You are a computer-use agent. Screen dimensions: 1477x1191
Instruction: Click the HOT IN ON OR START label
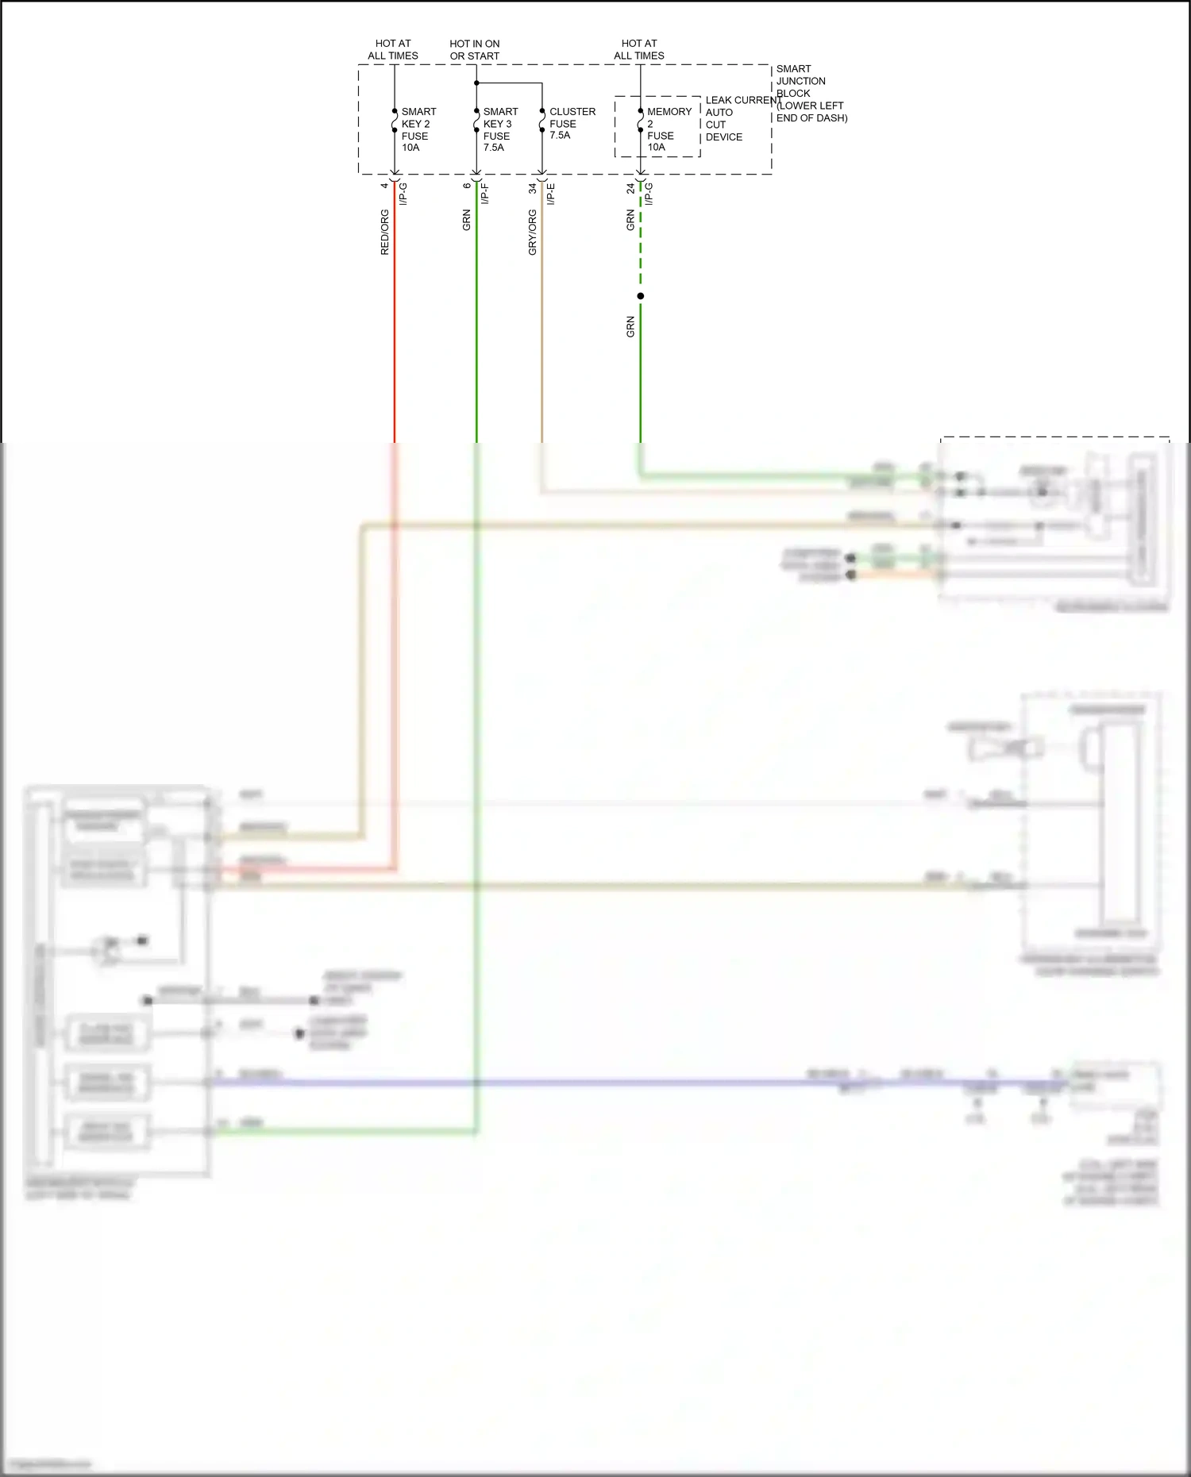click(475, 50)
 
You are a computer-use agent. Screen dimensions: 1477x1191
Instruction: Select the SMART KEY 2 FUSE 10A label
click(418, 129)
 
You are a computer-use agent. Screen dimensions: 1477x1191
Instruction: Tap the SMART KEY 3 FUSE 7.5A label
click(499, 129)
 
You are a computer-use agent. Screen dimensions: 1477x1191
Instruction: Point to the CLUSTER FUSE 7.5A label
click(572, 123)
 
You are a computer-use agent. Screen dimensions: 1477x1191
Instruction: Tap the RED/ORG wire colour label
click(385, 232)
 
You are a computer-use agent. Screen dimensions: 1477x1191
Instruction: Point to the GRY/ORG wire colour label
click(533, 232)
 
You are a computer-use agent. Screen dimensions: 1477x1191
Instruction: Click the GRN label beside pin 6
click(467, 220)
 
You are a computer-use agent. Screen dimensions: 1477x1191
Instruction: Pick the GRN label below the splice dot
click(631, 327)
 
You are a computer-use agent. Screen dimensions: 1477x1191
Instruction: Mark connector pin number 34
click(533, 189)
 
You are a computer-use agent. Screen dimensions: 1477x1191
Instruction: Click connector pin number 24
click(631, 189)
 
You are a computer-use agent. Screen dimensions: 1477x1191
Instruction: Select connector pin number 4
click(385, 186)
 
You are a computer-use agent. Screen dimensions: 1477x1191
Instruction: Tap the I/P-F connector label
click(485, 193)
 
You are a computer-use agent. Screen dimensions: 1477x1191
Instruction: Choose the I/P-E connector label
click(551, 193)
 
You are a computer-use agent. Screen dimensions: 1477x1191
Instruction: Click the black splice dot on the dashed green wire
click(641, 296)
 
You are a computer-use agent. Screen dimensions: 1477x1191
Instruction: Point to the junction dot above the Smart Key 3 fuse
click(476, 83)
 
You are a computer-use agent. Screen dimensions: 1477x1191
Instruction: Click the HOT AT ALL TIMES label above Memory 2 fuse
click(639, 50)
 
